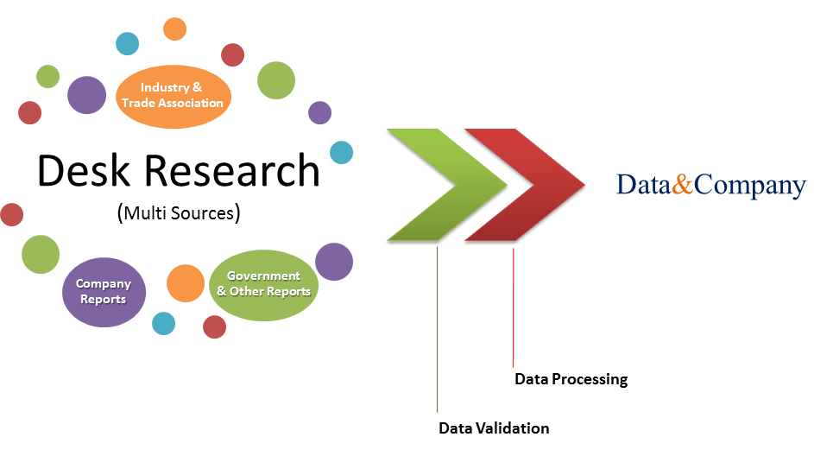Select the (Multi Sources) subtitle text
coord(178,212)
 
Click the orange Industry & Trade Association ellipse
coord(173,95)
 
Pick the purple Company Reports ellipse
coord(104,292)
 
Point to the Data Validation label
coord(494,427)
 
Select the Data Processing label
coord(571,378)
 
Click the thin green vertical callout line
coord(438,328)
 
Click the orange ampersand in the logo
coord(683,185)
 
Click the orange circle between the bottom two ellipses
coord(185,283)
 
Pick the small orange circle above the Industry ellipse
coord(175,28)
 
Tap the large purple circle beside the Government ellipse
coord(334,262)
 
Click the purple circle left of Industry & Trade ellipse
coord(86,95)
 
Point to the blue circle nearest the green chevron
coord(342,152)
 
